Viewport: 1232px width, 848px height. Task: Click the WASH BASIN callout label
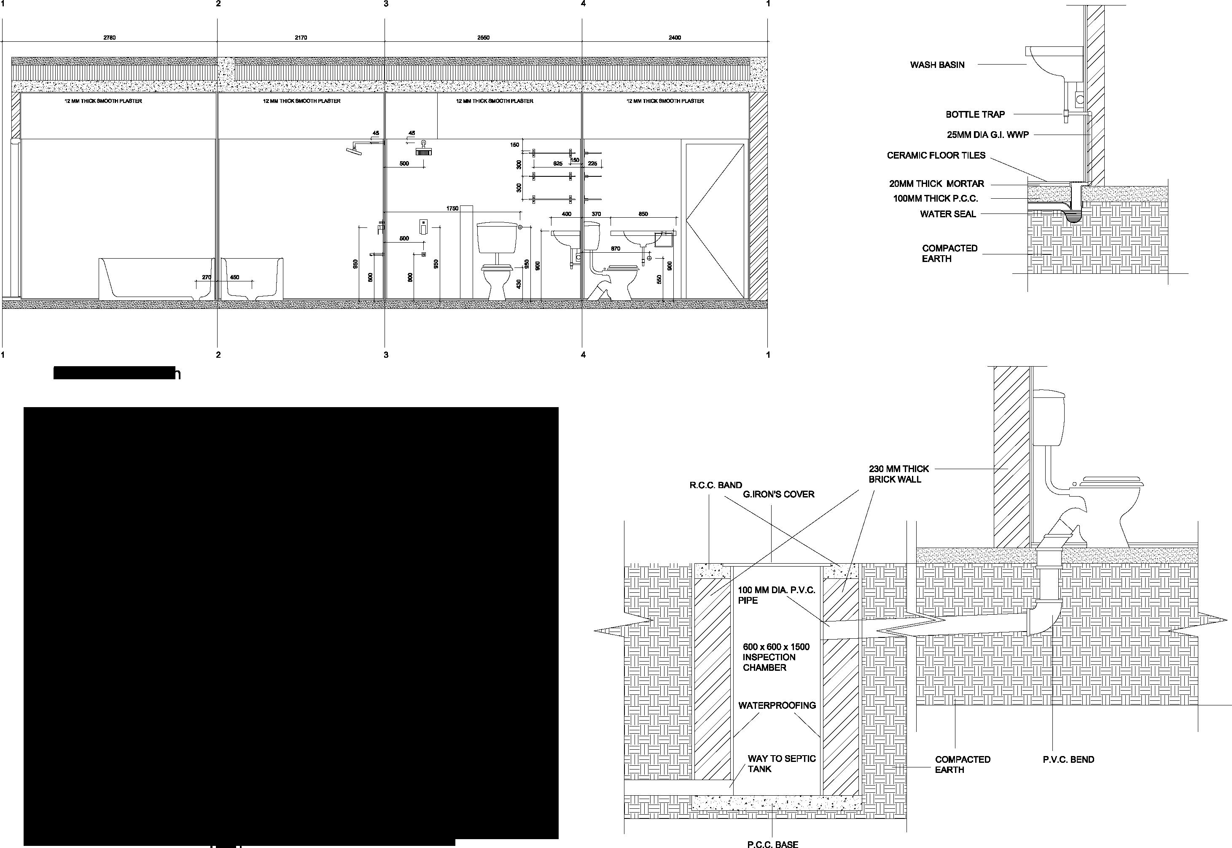(937, 65)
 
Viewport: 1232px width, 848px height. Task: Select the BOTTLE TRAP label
(975, 114)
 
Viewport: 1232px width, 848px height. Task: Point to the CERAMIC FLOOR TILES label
(936, 155)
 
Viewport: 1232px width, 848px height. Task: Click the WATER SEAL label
(948, 214)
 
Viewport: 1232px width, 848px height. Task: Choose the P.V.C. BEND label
(1068, 760)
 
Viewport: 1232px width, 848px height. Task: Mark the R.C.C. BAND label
(716, 485)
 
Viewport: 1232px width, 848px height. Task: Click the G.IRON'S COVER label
(778, 494)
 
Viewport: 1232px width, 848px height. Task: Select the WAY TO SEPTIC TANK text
(781, 764)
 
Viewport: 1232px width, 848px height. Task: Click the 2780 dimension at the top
(109, 38)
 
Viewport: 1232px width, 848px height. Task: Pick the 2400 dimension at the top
(675, 38)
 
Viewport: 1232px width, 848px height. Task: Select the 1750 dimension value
(452, 209)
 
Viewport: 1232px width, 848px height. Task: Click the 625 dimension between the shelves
(557, 164)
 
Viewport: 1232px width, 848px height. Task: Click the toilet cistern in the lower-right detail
(1049, 418)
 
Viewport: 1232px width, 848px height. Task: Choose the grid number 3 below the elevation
(386, 355)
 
